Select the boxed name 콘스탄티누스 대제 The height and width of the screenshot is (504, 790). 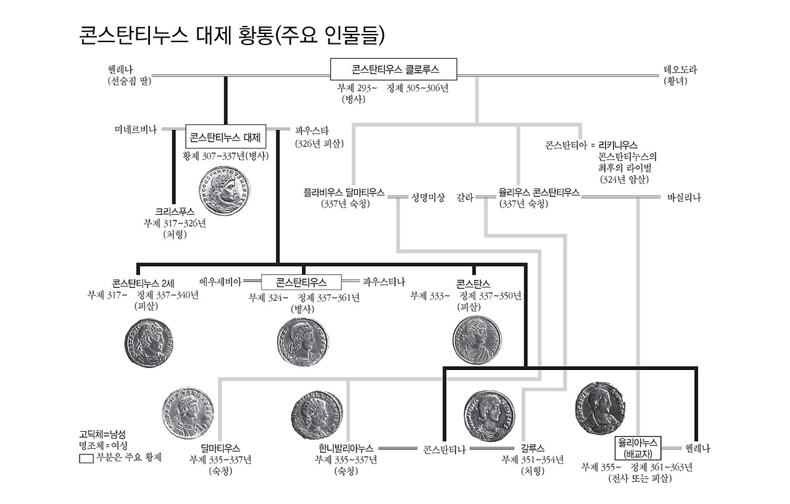(225, 137)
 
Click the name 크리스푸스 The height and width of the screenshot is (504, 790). (175, 212)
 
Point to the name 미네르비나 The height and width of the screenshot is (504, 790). (136, 130)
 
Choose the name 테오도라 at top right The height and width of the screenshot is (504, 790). (680, 70)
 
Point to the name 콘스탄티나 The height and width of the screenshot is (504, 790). (444, 448)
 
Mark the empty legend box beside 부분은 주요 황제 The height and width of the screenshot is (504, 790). (86, 459)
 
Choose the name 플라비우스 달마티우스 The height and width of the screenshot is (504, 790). (344, 193)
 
